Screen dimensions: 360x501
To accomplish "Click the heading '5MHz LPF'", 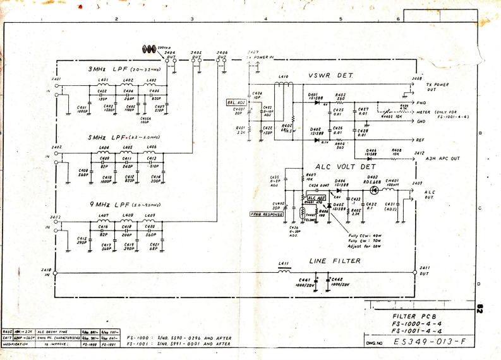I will [105, 136].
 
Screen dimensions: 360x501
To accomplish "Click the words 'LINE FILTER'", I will [335, 261].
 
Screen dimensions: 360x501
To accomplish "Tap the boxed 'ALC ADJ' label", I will [316, 198].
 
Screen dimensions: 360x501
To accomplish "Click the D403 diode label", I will [372, 177].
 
